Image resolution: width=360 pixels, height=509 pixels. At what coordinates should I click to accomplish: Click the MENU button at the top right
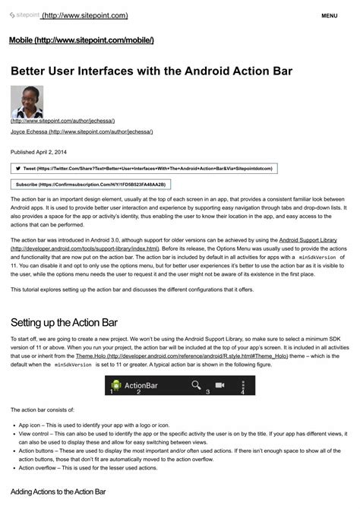[330, 15]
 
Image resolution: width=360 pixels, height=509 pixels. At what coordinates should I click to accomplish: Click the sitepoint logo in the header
[24, 15]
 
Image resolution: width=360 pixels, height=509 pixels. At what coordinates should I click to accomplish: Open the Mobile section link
[81, 40]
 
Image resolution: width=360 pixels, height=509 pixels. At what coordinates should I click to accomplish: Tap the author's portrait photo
[27, 102]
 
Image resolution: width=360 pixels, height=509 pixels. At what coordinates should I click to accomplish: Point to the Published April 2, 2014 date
[43, 152]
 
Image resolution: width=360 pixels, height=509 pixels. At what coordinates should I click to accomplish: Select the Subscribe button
[90, 184]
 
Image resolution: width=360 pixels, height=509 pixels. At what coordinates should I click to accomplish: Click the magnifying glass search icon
[197, 385]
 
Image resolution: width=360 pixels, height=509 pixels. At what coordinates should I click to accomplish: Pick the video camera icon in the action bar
[220, 385]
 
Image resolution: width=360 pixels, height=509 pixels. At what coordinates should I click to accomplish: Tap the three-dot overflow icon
[243, 385]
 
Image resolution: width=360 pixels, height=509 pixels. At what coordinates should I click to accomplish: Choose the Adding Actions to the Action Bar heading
[58, 492]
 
